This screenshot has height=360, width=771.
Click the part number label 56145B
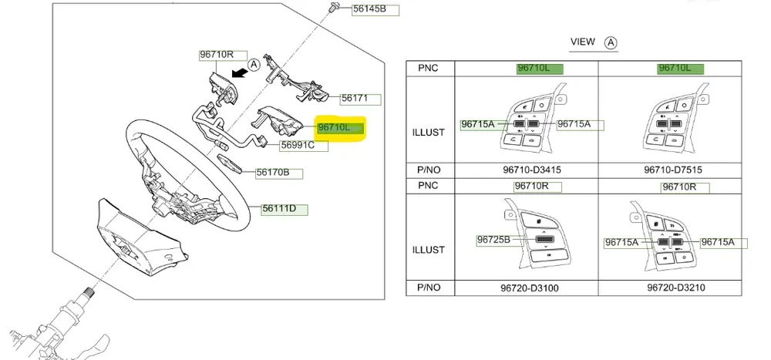click(375, 10)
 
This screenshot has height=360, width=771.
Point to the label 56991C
click(298, 144)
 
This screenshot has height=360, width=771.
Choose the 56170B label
click(274, 173)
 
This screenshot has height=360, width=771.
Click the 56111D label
click(284, 208)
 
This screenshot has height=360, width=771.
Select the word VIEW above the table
click(583, 42)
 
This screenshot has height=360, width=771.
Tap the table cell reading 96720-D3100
click(527, 288)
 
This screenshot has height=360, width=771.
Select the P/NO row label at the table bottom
click(430, 288)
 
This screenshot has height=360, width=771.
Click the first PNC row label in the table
click(430, 68)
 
